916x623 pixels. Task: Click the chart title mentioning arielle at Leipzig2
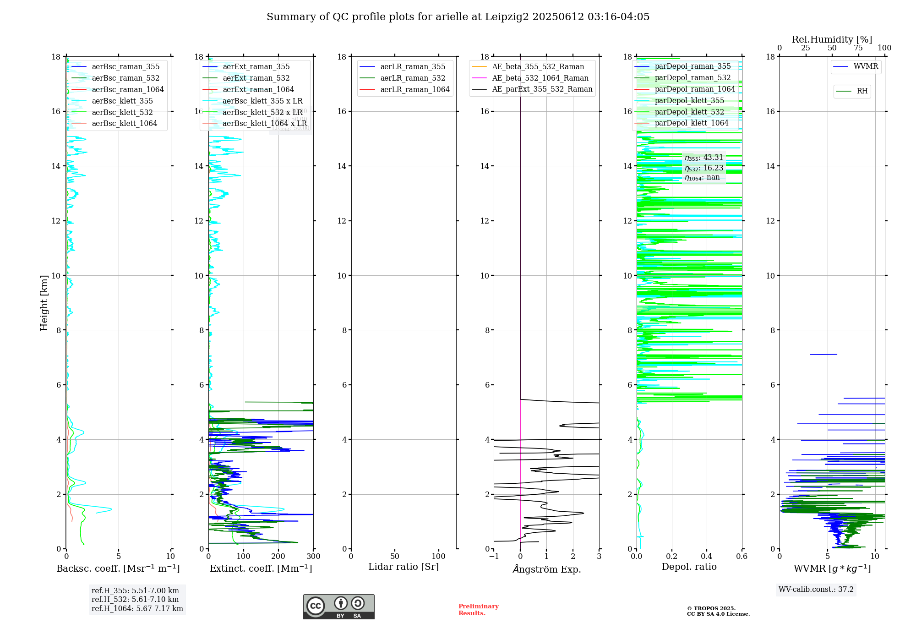click(x=458, y=17)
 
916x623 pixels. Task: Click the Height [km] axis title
click(x=44, y=303)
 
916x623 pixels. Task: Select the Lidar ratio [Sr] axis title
click(x=403, y=567)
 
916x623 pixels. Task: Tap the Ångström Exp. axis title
click(x=546, y=569)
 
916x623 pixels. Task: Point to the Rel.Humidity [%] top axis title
click(x=832, y=39)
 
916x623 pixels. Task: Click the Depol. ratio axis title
click(x=689, y=567)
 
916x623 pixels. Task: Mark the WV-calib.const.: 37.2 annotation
click(x=816, y=589)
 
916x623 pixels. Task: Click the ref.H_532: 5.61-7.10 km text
click(x=135, y=599)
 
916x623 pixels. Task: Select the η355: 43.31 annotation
click(x=704, y=158)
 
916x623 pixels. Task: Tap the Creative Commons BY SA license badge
click(x=338, y=607)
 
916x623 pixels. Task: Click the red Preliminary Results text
click(x=478, y=609)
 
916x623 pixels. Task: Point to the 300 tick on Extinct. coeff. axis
click(x=314, y=557)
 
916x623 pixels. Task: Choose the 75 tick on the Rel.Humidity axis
click(x=858, y=48)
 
